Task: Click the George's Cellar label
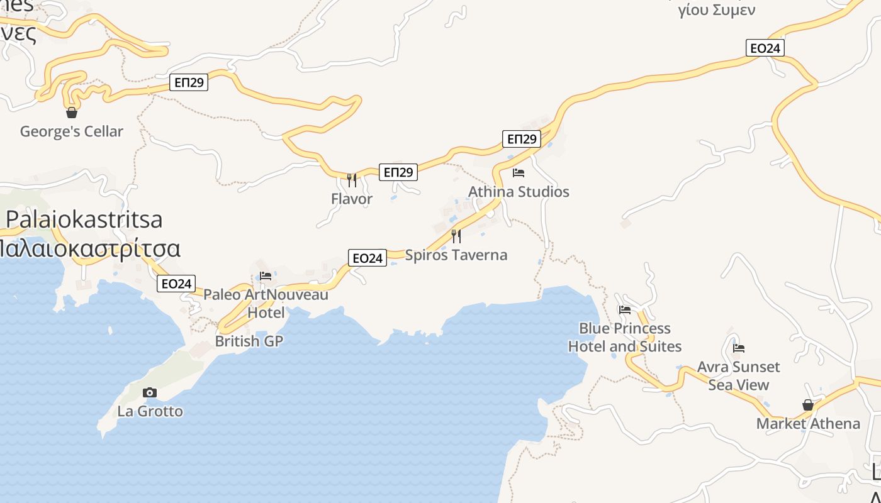click(72, 131)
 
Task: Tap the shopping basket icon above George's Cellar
click(72, 113)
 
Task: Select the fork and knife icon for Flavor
click(352, 180)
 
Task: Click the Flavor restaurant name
click(352, 199)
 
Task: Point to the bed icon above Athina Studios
click(519, 173)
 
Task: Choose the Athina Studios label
click(519, 192)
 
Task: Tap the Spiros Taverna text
click(456, 255)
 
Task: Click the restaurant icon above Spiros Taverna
click(456, 236)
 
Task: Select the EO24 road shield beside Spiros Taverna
click(368, 258)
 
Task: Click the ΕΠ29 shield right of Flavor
click(398, 172)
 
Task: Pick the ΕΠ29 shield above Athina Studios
click(522, 139)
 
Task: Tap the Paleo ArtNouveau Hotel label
click(266, 303)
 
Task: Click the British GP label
click(249, 341)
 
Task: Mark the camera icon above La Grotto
click(150, 393)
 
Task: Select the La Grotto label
click(150, 411)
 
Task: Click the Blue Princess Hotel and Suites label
click(625, 338)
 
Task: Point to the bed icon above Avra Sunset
click(739, 348)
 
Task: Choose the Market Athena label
click(808, 424)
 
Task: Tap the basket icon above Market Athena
click(808, 405)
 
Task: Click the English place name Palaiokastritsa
click(84, 219)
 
